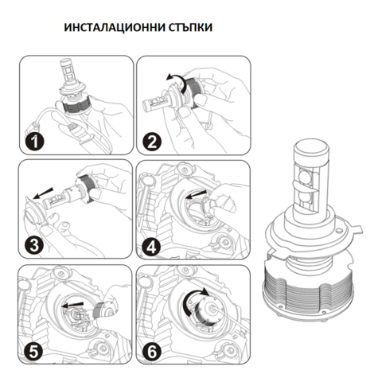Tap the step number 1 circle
[x=31, y=142]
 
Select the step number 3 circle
[x=31, y=244]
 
